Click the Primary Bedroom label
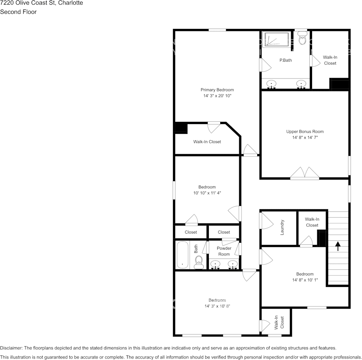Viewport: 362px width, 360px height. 217,90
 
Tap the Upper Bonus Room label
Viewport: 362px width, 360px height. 305,132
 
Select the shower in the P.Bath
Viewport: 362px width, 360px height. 277,39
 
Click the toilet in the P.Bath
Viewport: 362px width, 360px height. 303,38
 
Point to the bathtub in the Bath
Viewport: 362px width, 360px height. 183,255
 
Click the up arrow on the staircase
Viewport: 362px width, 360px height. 338,246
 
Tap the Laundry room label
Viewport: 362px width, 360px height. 282,227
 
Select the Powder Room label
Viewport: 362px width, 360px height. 224,251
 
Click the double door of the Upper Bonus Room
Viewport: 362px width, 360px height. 304,173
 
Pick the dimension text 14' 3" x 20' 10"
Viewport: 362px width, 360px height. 217,96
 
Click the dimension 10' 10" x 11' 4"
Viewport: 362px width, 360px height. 207,193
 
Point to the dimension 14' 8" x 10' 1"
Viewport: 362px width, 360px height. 305,280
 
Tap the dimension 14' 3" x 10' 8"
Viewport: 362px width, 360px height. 217,306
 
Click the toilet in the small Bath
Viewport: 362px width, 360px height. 199,262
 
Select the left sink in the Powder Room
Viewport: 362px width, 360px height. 216,264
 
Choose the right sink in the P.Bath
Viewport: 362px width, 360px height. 301,83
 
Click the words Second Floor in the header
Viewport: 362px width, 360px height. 18,12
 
